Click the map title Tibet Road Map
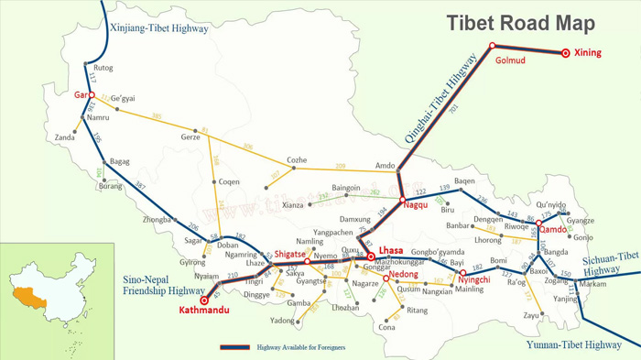(520, 23)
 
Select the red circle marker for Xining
(566, 53)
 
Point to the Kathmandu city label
(203, 311)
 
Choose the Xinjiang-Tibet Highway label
(158, 28)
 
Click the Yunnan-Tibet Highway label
(574, 345)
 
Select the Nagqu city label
(415, 206)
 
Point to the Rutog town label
(103, 68)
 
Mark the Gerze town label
(190, 137)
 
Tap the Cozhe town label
(297, 160)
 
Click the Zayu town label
(530, 315)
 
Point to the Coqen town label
(229, 182)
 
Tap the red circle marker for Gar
(92, 95)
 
